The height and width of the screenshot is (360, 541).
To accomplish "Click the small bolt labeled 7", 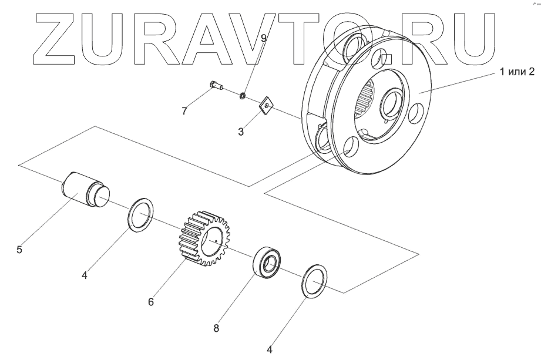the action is tap(217, 87).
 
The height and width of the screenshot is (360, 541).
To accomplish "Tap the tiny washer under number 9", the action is tap(241, 95).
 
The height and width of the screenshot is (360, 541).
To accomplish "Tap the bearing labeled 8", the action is tap(268, 263).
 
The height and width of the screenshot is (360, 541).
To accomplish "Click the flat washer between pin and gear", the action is tap(140, 215).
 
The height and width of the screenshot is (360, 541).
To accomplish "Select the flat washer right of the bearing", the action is tap(314, 282).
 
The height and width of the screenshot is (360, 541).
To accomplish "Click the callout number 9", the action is tap(264, 38).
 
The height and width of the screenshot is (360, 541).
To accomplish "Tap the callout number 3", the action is tap(241, 132).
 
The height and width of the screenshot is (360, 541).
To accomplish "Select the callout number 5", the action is tap(19, 250).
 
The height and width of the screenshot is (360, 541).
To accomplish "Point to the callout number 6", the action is tap(151, 302).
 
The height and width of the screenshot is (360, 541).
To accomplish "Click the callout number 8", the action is tap(216, 328).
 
